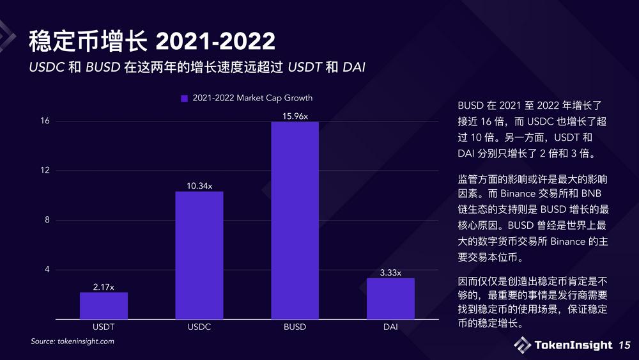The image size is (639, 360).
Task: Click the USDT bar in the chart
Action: tap(104, 306)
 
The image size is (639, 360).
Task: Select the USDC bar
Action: tap(199, 255)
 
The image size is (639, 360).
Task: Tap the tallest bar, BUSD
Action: tap(295, 220)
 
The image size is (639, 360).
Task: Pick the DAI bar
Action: tap(390, 299)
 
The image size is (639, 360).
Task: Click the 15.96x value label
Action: tap(295, 116)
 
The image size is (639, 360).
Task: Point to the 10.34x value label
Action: tap(199, 185)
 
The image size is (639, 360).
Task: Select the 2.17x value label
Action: tap(104, 286)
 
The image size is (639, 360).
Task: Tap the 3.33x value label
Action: tap(390, 272)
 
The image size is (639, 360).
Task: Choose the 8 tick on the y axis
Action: tap(47, 220)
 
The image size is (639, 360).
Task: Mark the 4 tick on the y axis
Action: tap(47, 269)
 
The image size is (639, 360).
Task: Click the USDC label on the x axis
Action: tap(199, 327)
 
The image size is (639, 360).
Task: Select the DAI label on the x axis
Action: tap(390, 327)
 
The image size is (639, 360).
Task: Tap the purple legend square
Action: tap(185, 98)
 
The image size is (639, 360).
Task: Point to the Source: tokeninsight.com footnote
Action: tap(73, 341)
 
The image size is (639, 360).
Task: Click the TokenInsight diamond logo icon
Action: tap(522, 345)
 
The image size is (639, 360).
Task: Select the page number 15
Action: tap(624, 346)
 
